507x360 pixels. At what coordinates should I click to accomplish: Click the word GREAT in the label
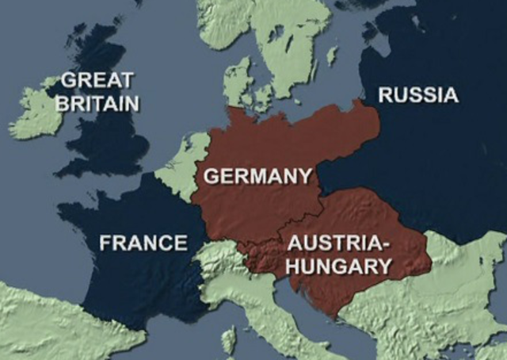point(97,80)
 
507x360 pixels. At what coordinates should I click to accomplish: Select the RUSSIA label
point(418,96)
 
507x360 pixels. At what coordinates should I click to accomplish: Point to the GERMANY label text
point(257,175)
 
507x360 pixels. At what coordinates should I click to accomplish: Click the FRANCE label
point(143,243)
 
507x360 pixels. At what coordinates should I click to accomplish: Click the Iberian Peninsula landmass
point(48,325)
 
